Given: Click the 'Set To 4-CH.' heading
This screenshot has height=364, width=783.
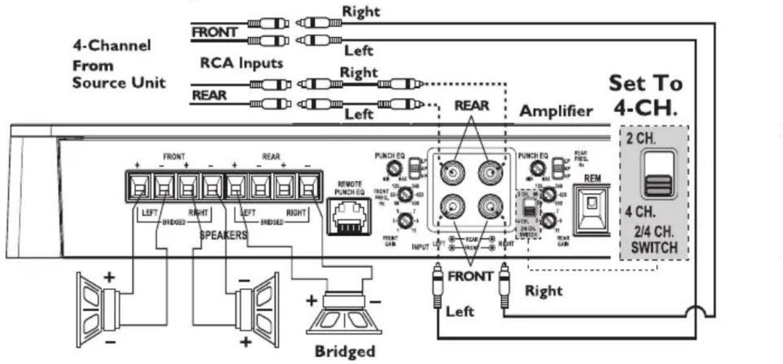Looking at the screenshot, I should pos(645,96).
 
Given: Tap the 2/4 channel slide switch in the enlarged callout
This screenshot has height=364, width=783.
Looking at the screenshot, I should pos(657,175).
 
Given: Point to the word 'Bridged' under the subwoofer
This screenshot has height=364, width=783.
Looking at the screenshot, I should pos(344,352).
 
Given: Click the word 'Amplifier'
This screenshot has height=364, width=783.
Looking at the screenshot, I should pos(556,111).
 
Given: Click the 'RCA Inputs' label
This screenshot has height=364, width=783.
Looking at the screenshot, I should pos(242,62).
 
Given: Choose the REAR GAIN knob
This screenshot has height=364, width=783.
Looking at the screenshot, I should pos(549,220).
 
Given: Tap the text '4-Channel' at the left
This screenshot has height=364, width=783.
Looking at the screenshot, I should pos(112,46).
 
